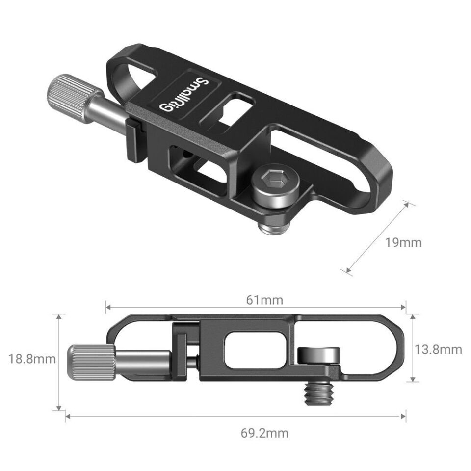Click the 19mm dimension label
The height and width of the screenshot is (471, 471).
(403, 242)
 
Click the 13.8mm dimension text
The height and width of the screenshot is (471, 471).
(438, 349)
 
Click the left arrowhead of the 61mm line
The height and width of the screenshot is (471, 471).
(107, 308)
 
